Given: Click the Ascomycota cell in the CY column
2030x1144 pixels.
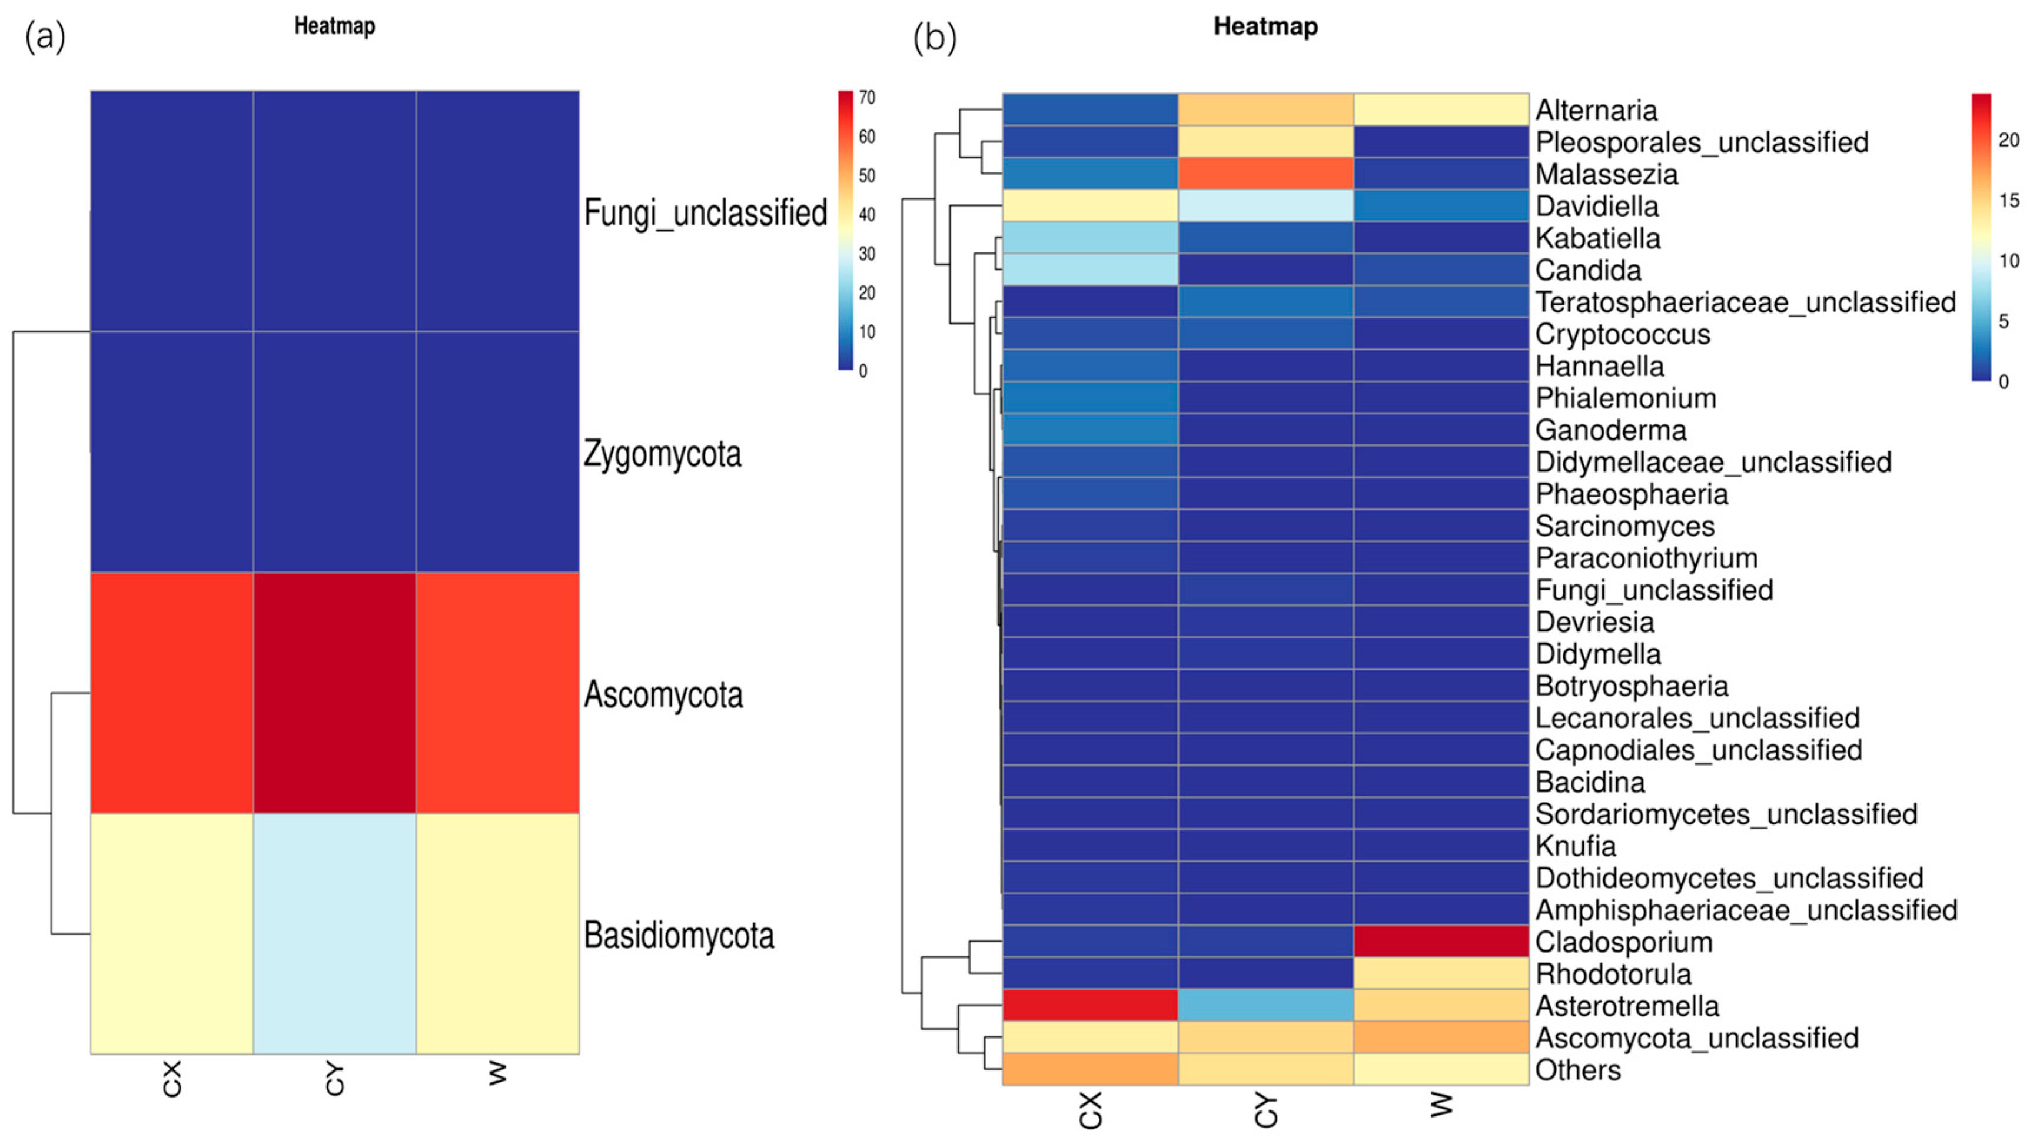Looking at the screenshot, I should [334, 693].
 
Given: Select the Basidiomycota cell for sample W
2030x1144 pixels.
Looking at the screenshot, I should [497, 934].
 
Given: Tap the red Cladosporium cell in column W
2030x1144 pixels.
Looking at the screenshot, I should [1441, 942].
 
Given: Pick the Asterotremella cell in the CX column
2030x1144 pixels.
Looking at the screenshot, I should [1090, 1005].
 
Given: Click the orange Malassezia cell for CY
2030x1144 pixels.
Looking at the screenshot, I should [1265, 174].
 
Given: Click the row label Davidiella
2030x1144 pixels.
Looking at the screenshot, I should [1597, 207].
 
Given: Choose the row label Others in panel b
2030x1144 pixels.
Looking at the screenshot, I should [1577, 1070].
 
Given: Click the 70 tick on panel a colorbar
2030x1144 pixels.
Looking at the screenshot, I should [867, 98].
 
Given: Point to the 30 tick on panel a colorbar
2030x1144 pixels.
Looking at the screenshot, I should [867, 254].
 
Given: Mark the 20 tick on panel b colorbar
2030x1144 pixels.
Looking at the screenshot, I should [2009, 140].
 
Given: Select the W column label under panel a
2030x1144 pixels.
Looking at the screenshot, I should [497, 1073].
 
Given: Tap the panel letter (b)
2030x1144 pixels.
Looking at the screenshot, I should [935, 37].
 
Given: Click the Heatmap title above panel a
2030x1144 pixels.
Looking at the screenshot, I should [334, 26].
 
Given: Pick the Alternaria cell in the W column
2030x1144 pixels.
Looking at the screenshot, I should [1441, 109].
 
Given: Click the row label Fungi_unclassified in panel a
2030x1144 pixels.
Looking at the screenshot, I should [705, 212].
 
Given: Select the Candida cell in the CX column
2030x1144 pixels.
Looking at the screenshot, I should [1090, 270].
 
